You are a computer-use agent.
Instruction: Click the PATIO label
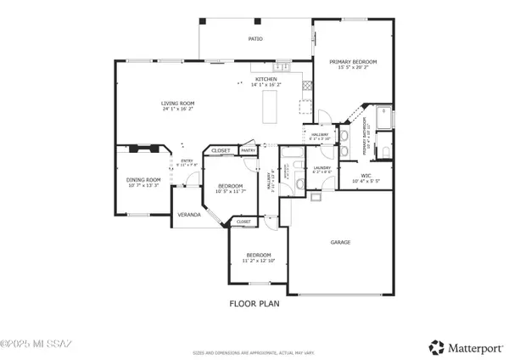pos(255,39)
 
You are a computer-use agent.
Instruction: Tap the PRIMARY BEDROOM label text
pos(353,62)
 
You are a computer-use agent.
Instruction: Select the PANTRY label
pos(249,150)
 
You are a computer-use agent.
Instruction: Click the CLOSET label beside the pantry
pos(221,150)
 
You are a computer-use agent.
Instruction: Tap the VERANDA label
pos(188,215)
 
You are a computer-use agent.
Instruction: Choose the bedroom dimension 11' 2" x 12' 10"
pos(259,261)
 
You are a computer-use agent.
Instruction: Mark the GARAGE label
pos(340,242)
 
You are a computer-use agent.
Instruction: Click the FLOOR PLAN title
pos(254,303)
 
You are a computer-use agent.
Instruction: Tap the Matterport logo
pos(464,346)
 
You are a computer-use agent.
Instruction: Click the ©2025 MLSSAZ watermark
pos(37,345)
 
